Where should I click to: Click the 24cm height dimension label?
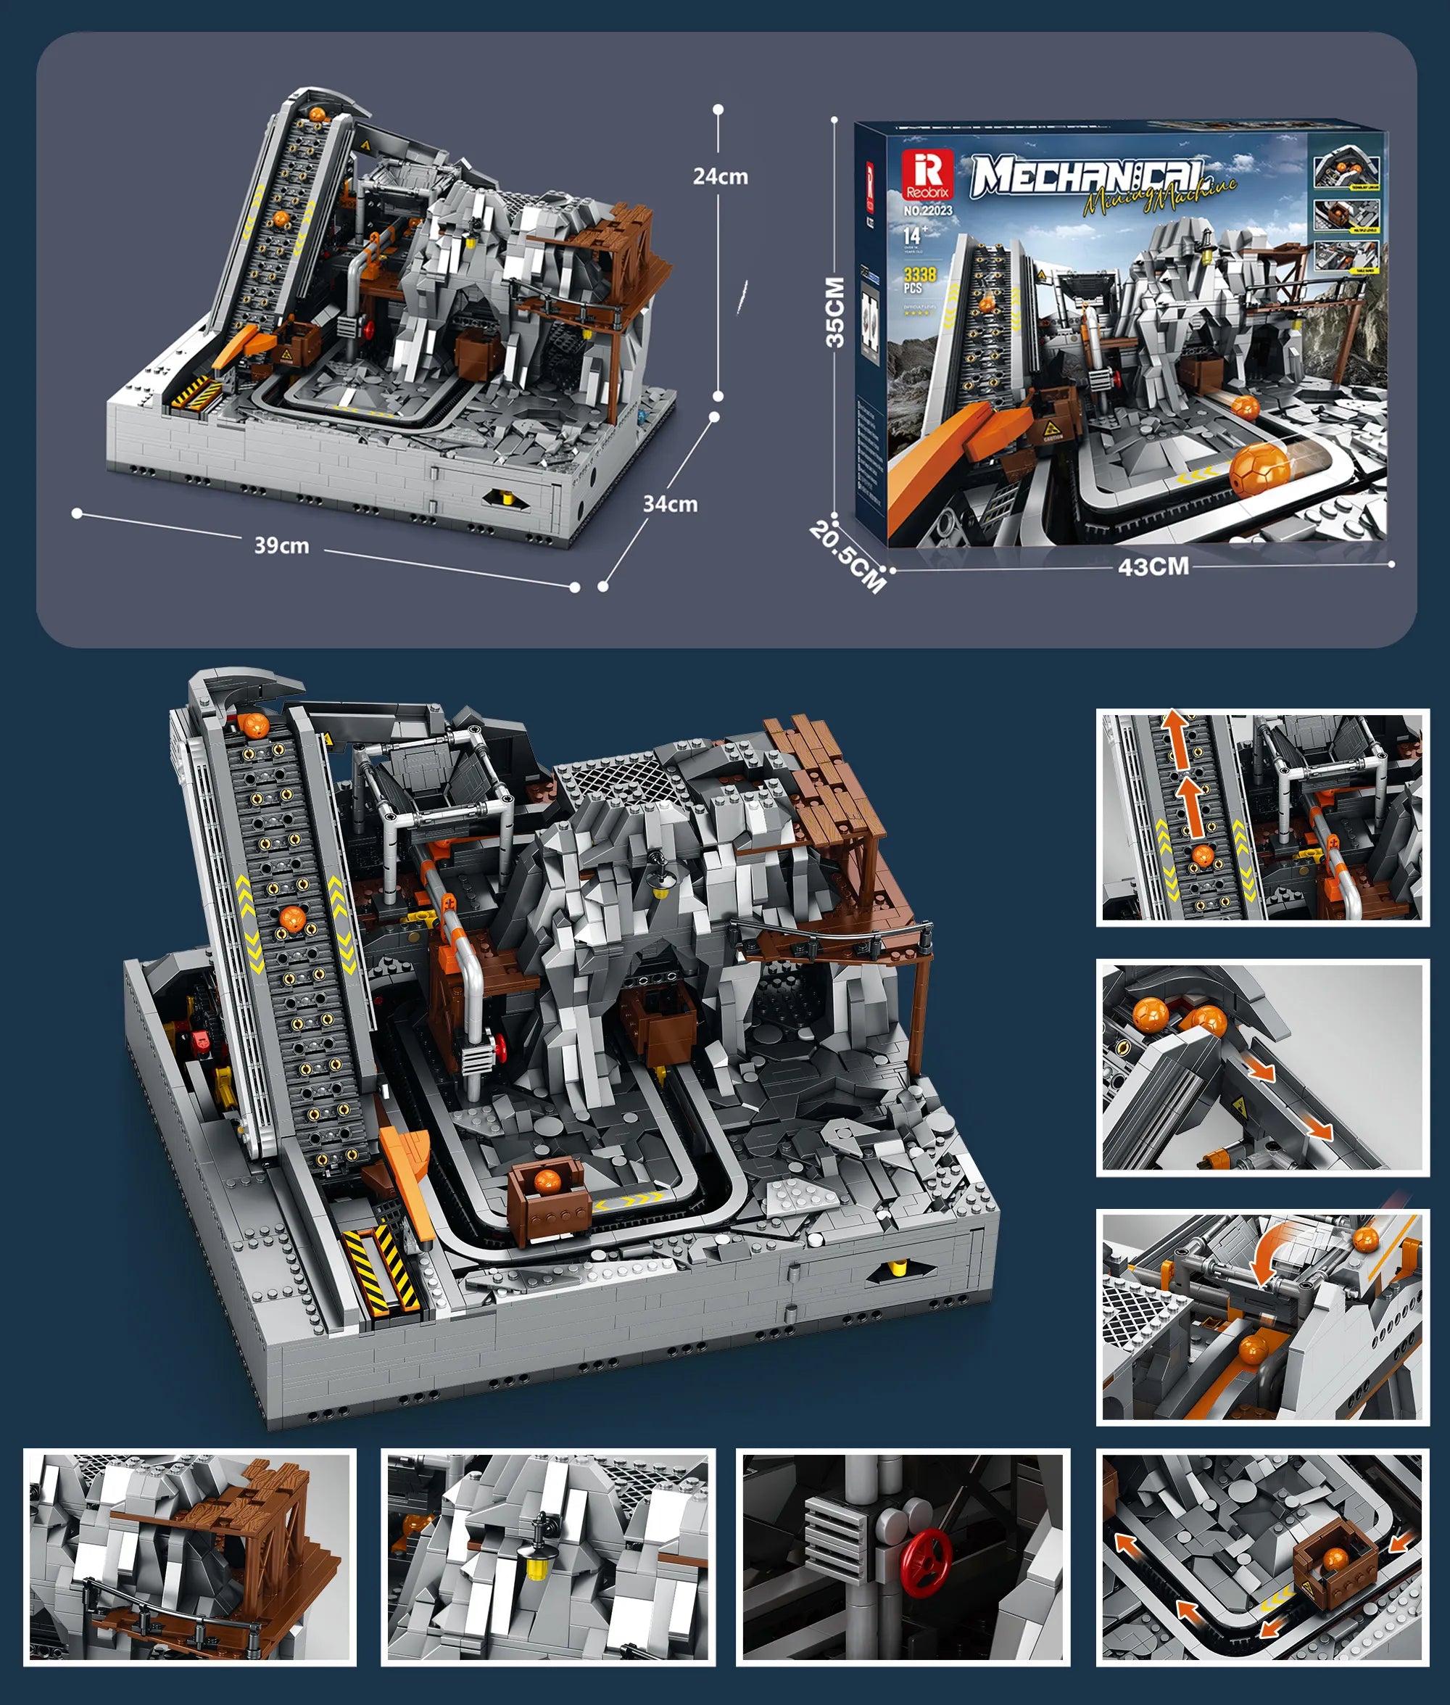[x=720, y=176]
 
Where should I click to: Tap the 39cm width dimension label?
[x=281, y=546]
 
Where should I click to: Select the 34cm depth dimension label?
[x=670, y=504]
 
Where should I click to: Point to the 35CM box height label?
[x=834, y=313]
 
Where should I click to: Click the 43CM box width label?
[x=1153, y=566]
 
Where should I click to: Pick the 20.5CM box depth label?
[x=848, y=556]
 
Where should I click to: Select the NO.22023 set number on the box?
[x=927, y=210]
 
